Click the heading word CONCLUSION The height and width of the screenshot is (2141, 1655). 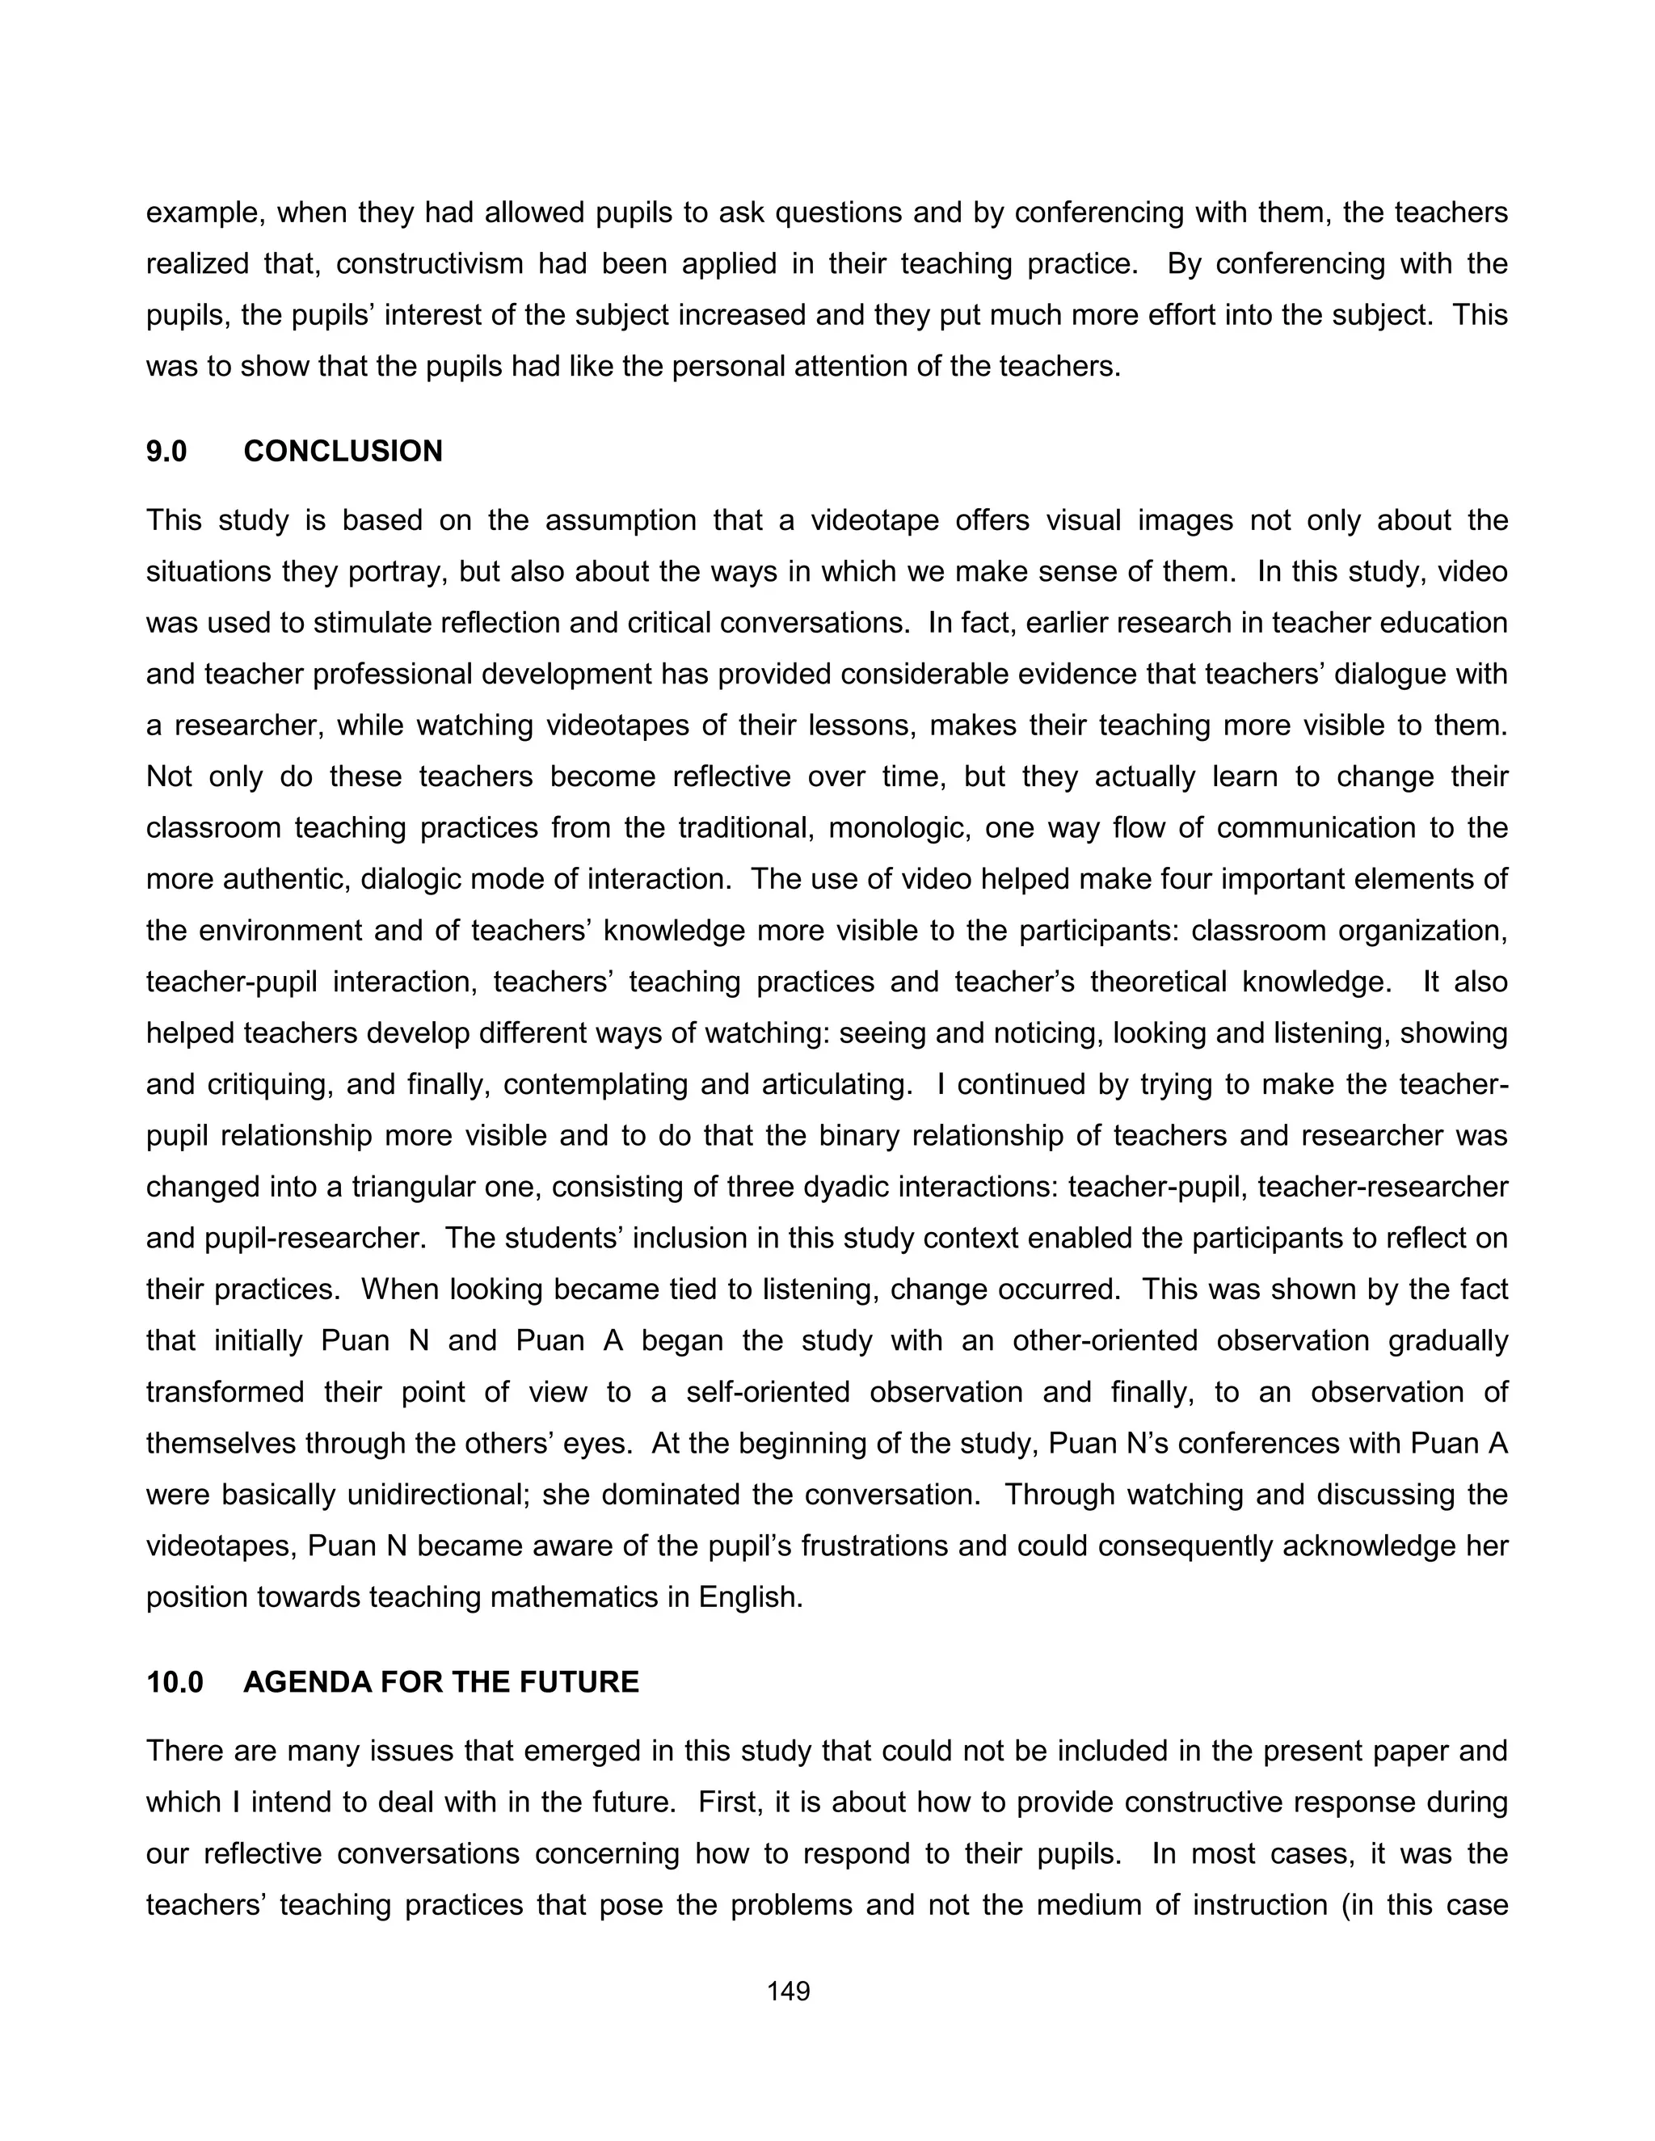pyautogui.click(x=343, y=451)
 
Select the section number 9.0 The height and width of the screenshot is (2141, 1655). pyautogui.click(x=166, y=451)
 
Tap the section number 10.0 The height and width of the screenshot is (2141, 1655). pyautogui.click(x=175, y=1682)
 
